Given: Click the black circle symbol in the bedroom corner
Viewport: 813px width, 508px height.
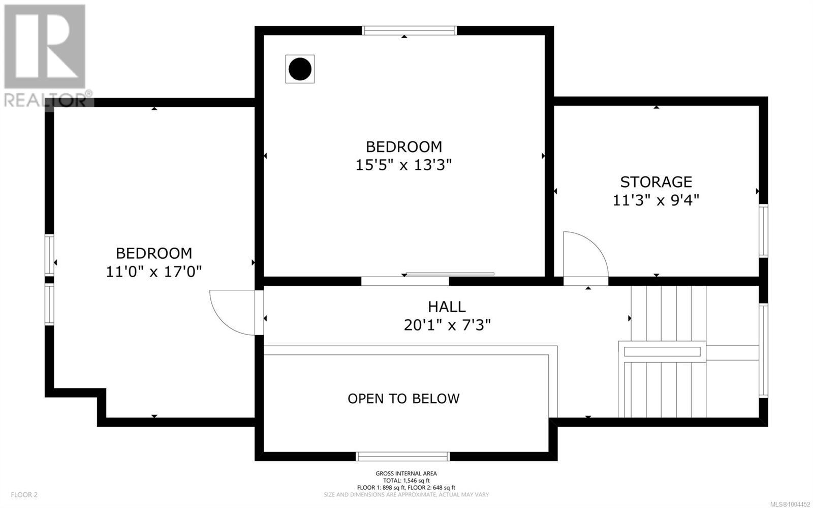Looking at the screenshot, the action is point(300,69).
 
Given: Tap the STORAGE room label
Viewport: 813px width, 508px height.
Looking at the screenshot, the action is point(656,182).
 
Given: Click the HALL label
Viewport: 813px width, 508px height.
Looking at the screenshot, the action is point(447,307).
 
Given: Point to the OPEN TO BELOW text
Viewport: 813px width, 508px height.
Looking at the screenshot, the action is point(403,399).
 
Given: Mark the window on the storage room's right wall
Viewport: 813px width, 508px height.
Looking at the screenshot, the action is point(763,231).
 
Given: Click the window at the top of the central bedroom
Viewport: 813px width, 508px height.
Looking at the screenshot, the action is point(409,31).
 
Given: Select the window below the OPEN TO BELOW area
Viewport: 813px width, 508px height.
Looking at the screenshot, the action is point(402,457).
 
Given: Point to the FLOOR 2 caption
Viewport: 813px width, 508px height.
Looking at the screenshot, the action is point(24,495).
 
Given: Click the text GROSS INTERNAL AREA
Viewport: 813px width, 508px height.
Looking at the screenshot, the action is point(406,473).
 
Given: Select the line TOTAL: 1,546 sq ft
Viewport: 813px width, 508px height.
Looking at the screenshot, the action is point(406,481).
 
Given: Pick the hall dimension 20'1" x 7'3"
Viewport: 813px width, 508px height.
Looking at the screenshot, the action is point(447,325).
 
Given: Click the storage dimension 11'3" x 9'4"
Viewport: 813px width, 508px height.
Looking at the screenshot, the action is point(656,200).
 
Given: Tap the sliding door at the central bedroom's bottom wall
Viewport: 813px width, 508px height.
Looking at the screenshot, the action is point(449,274).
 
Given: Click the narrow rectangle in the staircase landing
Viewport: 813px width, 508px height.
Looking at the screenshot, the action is point(662,351).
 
